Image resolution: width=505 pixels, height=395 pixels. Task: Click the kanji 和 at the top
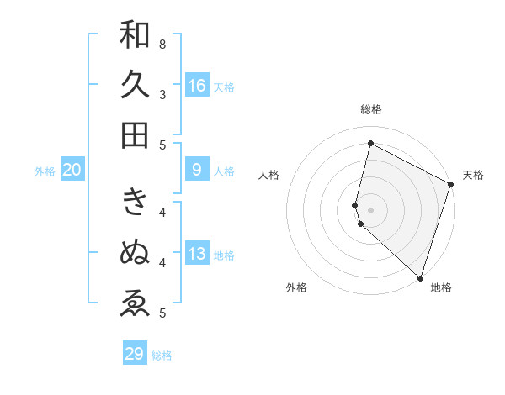point(135,35)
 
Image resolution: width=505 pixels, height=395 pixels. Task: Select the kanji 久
point(135,85)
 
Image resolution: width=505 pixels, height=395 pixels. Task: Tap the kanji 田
point(135,134)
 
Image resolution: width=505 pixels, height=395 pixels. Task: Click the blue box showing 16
point(197,85)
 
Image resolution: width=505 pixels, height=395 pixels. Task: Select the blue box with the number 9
point(197,170)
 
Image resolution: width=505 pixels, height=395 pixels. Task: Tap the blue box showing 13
point(197,254)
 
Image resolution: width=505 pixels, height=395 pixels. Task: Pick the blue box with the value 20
point(72,170)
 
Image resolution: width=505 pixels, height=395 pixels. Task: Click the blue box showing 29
point(135,354)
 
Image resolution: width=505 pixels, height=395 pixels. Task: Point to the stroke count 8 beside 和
point(162,44)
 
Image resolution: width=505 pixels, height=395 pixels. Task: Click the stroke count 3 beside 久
point(162,94)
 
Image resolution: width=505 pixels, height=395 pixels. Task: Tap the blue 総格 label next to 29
point(162,355)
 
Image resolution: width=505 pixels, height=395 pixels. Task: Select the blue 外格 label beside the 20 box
point(45,171)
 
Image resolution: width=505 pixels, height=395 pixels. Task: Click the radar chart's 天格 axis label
point(473,175)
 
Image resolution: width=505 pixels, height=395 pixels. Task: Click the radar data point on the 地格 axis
point(420,277)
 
